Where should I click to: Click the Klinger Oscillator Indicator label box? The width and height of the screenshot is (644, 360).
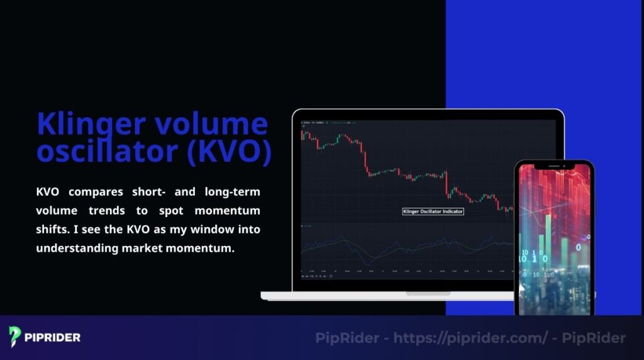pyautogui.click(x=433, y=211)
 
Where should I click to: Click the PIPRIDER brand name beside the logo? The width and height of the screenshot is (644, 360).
pyautogui.click(x=53, y=337)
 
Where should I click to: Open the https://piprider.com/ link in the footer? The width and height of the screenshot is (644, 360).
pyautogui.click(x=471, y=338)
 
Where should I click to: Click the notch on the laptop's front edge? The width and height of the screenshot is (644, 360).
pyautogui.click(x=428, y=293)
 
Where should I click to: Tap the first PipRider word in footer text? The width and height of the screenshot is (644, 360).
pyautogui.click(x=347, y=338)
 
